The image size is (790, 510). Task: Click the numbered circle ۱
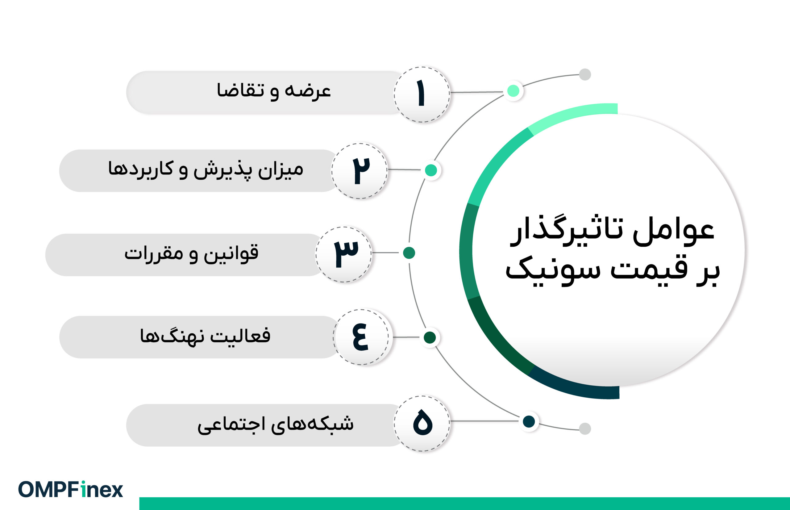point(422,94)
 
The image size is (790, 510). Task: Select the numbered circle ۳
point(343,254)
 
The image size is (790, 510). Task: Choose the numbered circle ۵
point(422,423)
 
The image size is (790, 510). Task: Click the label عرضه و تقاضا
point(274,91)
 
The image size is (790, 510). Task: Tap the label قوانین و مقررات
point(191,253)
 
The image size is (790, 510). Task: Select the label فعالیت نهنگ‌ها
point(205,336)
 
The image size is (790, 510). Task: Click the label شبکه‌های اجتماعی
point(275,424)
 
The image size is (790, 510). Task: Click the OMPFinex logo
point(70,489)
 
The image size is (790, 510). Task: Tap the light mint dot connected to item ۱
point(513,91)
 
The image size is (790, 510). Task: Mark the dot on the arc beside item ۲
point(431,170)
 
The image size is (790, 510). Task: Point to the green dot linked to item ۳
point(409,253)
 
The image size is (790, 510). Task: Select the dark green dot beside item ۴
point(430,337)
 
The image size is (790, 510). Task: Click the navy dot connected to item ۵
point(529,421)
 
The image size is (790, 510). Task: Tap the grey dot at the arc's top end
point(585,74)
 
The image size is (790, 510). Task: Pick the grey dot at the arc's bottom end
point(585,428)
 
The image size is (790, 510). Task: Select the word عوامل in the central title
point(673,232)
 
